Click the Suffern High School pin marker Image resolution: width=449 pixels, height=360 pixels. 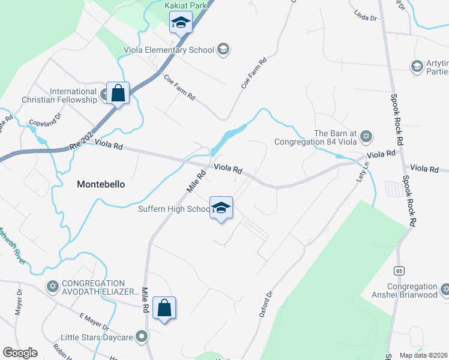pos(221,208)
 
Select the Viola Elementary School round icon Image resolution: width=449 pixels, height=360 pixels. pos(223,49)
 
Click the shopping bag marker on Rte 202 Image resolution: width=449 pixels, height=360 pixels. pos(118,94)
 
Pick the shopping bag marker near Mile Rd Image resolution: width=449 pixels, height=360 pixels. pos(164,308)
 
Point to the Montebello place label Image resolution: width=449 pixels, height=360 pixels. pos(101,185)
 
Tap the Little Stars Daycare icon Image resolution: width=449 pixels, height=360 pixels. pos(142,335)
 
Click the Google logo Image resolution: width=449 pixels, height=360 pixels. pos(20,353)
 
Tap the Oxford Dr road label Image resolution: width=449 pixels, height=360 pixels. pos(267,304)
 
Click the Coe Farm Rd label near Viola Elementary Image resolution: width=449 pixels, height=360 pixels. pos(179,88)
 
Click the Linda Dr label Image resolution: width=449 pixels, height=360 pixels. pos(365,15)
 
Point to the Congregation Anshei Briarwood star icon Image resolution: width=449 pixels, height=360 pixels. pos(445,290)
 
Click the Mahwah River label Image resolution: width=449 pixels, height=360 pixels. pos(12,245)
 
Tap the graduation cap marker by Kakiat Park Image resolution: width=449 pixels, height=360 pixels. pos(180,23)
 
